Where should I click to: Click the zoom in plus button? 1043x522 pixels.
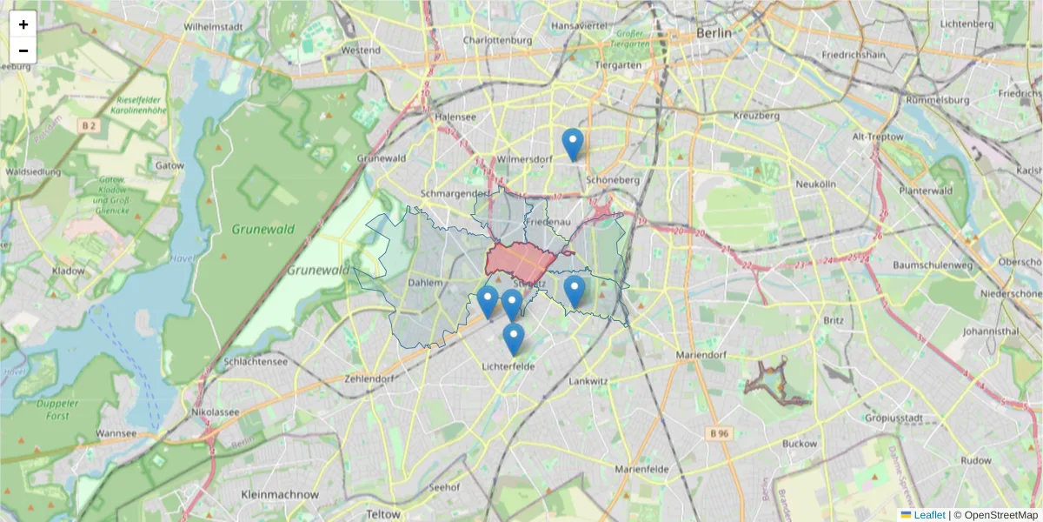[x=23, y=24]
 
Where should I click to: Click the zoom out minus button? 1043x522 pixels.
[x=23, y=50]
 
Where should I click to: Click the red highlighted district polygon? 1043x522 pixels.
[x=520, y=260]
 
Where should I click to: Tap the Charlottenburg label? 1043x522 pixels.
[x=497, y=40]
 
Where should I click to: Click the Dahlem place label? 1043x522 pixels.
[x=426, y=283]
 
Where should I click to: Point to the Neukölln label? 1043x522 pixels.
[x=815, y=184]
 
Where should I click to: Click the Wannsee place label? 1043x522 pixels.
[x=116, y=433]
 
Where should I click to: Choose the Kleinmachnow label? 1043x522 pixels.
[x=280, y=494]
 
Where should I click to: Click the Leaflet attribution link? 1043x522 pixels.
[x=929, y=515]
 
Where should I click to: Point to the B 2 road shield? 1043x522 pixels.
[x=87, y=126]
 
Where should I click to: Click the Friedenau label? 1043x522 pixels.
[x=548, y=223]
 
